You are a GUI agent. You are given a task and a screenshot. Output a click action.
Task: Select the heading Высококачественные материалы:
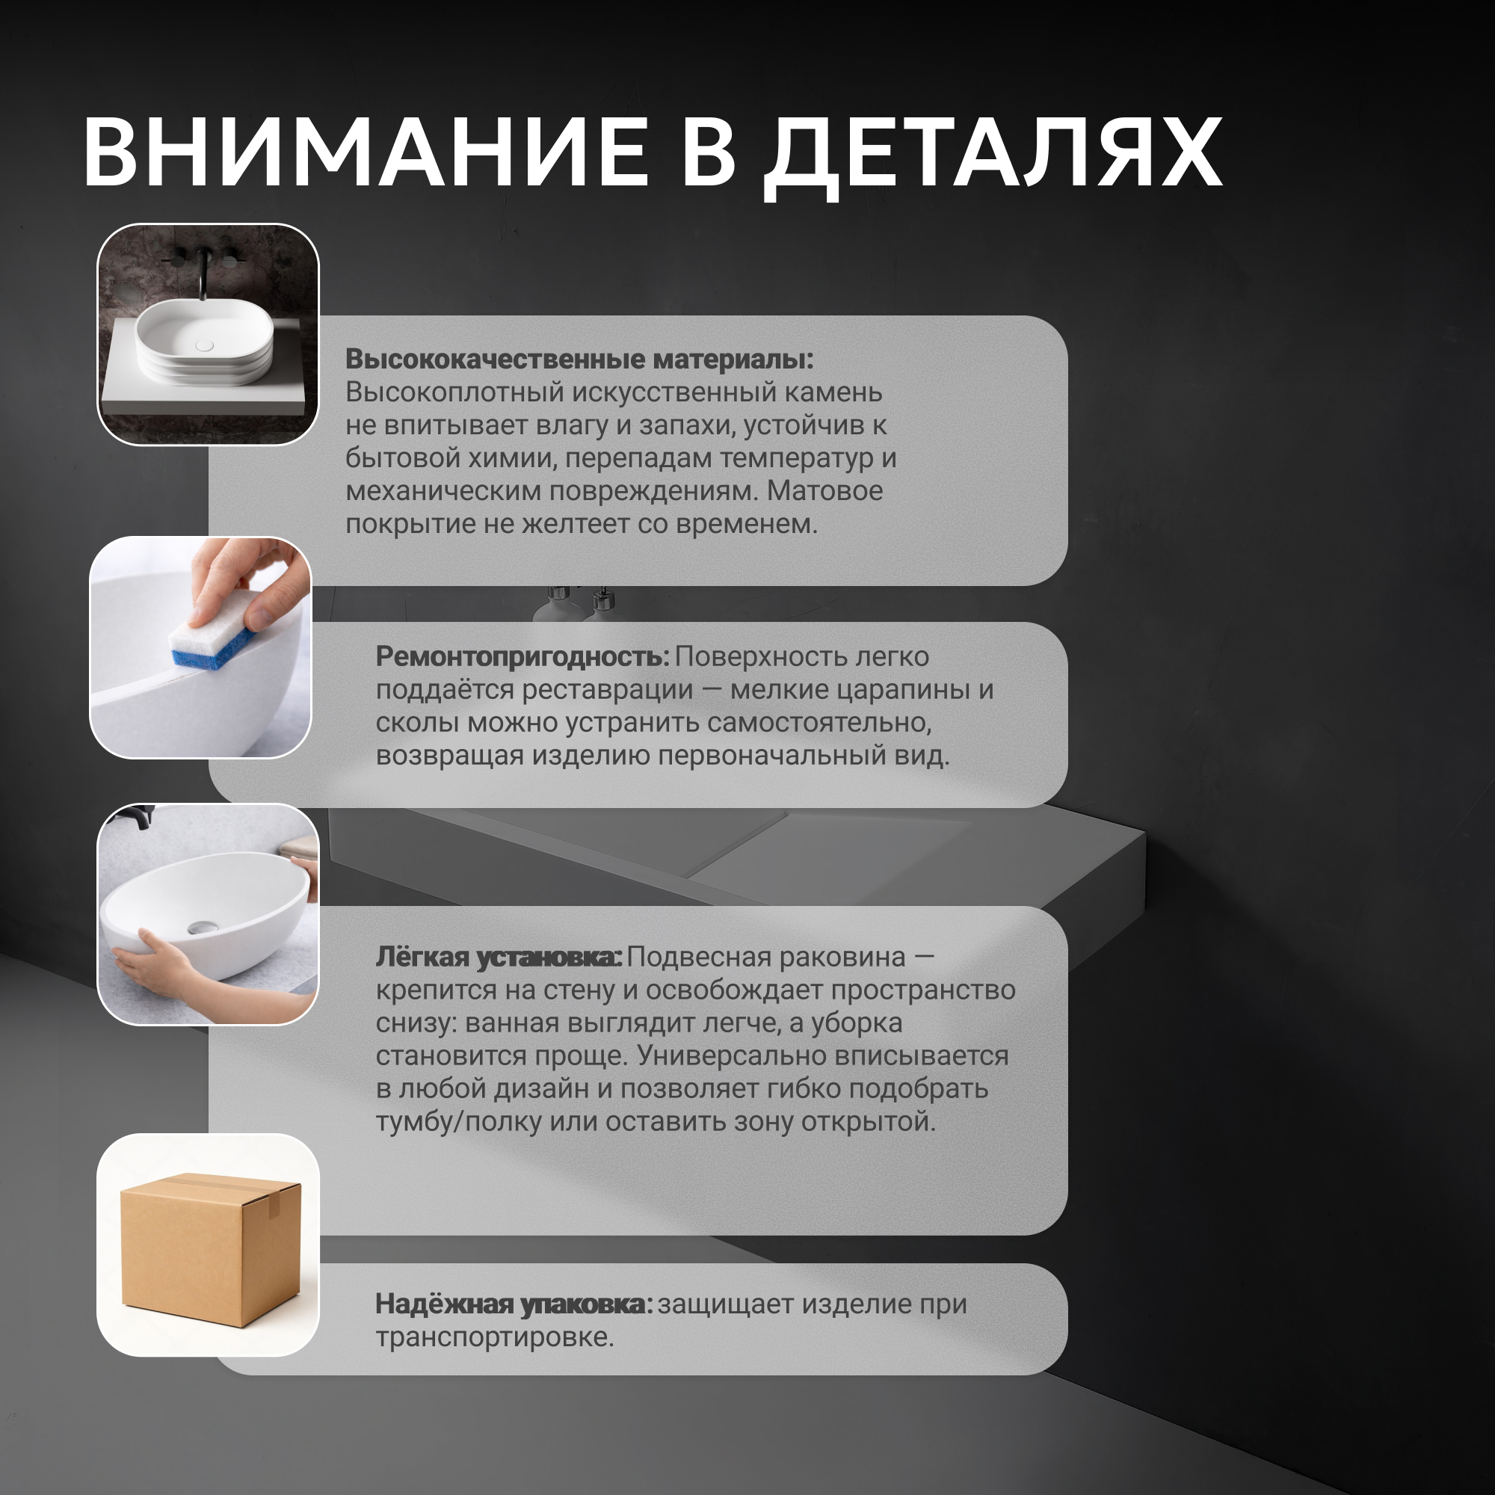pyautogui.click(x=579, y=359)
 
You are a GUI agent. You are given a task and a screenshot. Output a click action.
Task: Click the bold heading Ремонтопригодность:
pyautogui.click(x=523, y=656)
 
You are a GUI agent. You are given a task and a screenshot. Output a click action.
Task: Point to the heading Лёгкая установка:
pyautogui.click(x=499, y=957)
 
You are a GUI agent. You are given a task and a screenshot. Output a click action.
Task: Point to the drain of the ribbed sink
pyautogui.click(x=204, y=345)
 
